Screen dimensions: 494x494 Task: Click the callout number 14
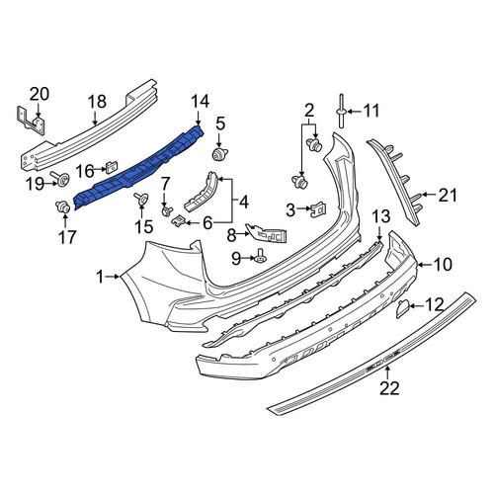click(x=201, y=101)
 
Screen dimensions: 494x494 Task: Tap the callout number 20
click(x=40, y=94)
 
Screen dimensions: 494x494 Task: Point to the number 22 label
click(x=389, y=388)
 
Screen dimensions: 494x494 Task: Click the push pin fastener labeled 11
click(x=341, y=112)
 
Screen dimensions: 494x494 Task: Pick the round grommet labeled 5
click(x=219, y=154)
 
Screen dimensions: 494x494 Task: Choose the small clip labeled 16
click(x=112, y=167)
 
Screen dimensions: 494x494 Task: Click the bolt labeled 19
click(x=59, y=179)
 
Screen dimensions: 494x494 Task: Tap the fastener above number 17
click(x=62, y=207)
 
